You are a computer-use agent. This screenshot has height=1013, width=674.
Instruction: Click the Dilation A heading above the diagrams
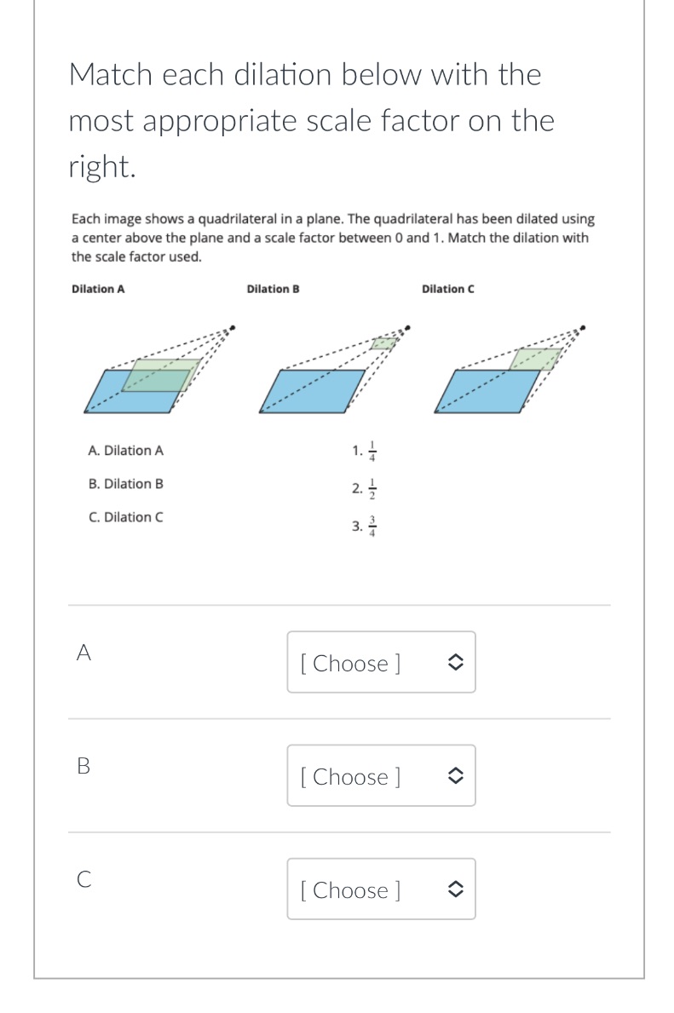click(x=98, y=289)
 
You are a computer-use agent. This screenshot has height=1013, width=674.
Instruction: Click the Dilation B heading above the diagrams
click(x=273, y=289)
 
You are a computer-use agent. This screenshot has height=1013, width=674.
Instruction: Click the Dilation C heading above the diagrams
click(x=448, y=289)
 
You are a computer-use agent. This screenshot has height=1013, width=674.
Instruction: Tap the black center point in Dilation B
click(x=408, y=326)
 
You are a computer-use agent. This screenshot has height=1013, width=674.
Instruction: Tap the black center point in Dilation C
click(x=584, y=326)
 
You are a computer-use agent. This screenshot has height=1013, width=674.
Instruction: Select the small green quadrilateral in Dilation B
click(x=384, y=343)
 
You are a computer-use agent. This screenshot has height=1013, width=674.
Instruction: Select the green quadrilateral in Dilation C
click(x=535, y=359)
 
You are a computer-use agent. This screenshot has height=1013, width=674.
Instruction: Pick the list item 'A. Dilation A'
click(x=126, y=450)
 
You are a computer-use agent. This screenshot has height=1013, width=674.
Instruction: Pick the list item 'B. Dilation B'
click(x=126, y=483)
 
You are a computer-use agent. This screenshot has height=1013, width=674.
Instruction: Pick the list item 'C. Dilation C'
click(x=126, y=517)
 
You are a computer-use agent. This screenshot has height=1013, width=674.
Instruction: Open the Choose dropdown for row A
click(x=381, y=662)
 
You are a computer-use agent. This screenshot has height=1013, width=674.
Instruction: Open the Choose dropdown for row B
click(x=381, y=775)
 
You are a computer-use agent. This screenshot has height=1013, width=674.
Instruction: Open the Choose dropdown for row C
click(x=381, y=889)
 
